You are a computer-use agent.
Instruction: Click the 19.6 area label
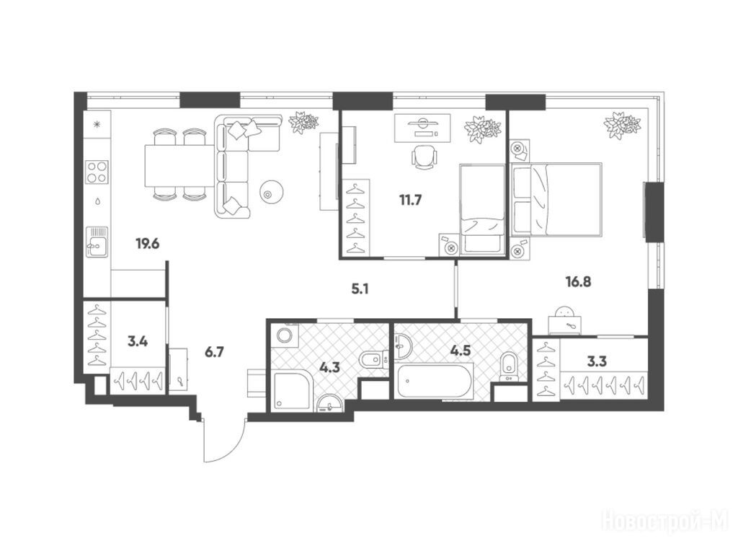(x=148, y=244)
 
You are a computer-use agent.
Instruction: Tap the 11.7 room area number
(x=410, y=201)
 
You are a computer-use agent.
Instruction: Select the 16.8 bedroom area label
(x=578, y=282)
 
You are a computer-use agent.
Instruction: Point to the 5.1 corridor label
(x=360, y=289)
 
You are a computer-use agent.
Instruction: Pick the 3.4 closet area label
(x=138, y=341)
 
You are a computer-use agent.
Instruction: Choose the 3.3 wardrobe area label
(x=597, y=362)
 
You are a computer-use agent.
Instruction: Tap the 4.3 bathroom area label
(x=329, y=366)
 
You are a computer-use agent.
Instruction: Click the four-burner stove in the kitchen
(x=97, y=172)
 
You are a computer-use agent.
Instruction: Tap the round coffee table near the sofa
(x=271, y=192)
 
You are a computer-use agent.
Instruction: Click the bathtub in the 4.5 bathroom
(x=435, y=381)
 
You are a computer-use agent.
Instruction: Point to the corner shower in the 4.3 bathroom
(x=293, y=390)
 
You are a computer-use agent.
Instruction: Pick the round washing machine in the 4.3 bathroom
(x=285, y=336)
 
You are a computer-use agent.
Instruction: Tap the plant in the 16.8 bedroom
(x=622, y=125)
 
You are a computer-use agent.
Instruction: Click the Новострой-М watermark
(x=665, y=521)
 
